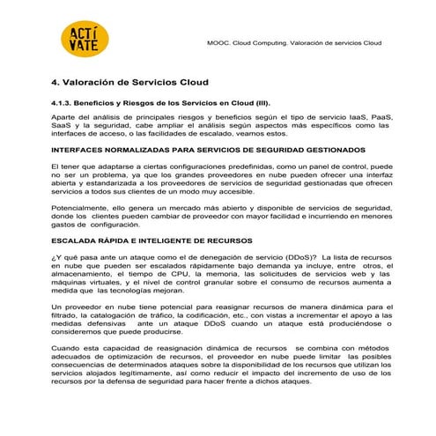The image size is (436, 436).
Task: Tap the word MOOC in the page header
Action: [x=217, y=41]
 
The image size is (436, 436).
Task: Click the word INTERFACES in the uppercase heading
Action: [x=78, y=150]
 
